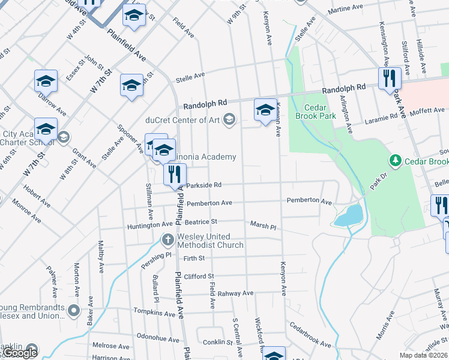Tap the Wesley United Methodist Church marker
pyautogui.click(x=169, y=241)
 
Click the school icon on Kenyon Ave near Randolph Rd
pyautogui.click(x=265, y=110)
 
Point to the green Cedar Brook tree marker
pyautogui.click(x=395, y=160)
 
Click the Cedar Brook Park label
pyautogui.click(x=310, y=104)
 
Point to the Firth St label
pyautogui.click(x=194, y=258)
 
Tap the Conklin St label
pyautogui.click(x=217, y=342)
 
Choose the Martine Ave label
pyautogui.click(x=346, y=9)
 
